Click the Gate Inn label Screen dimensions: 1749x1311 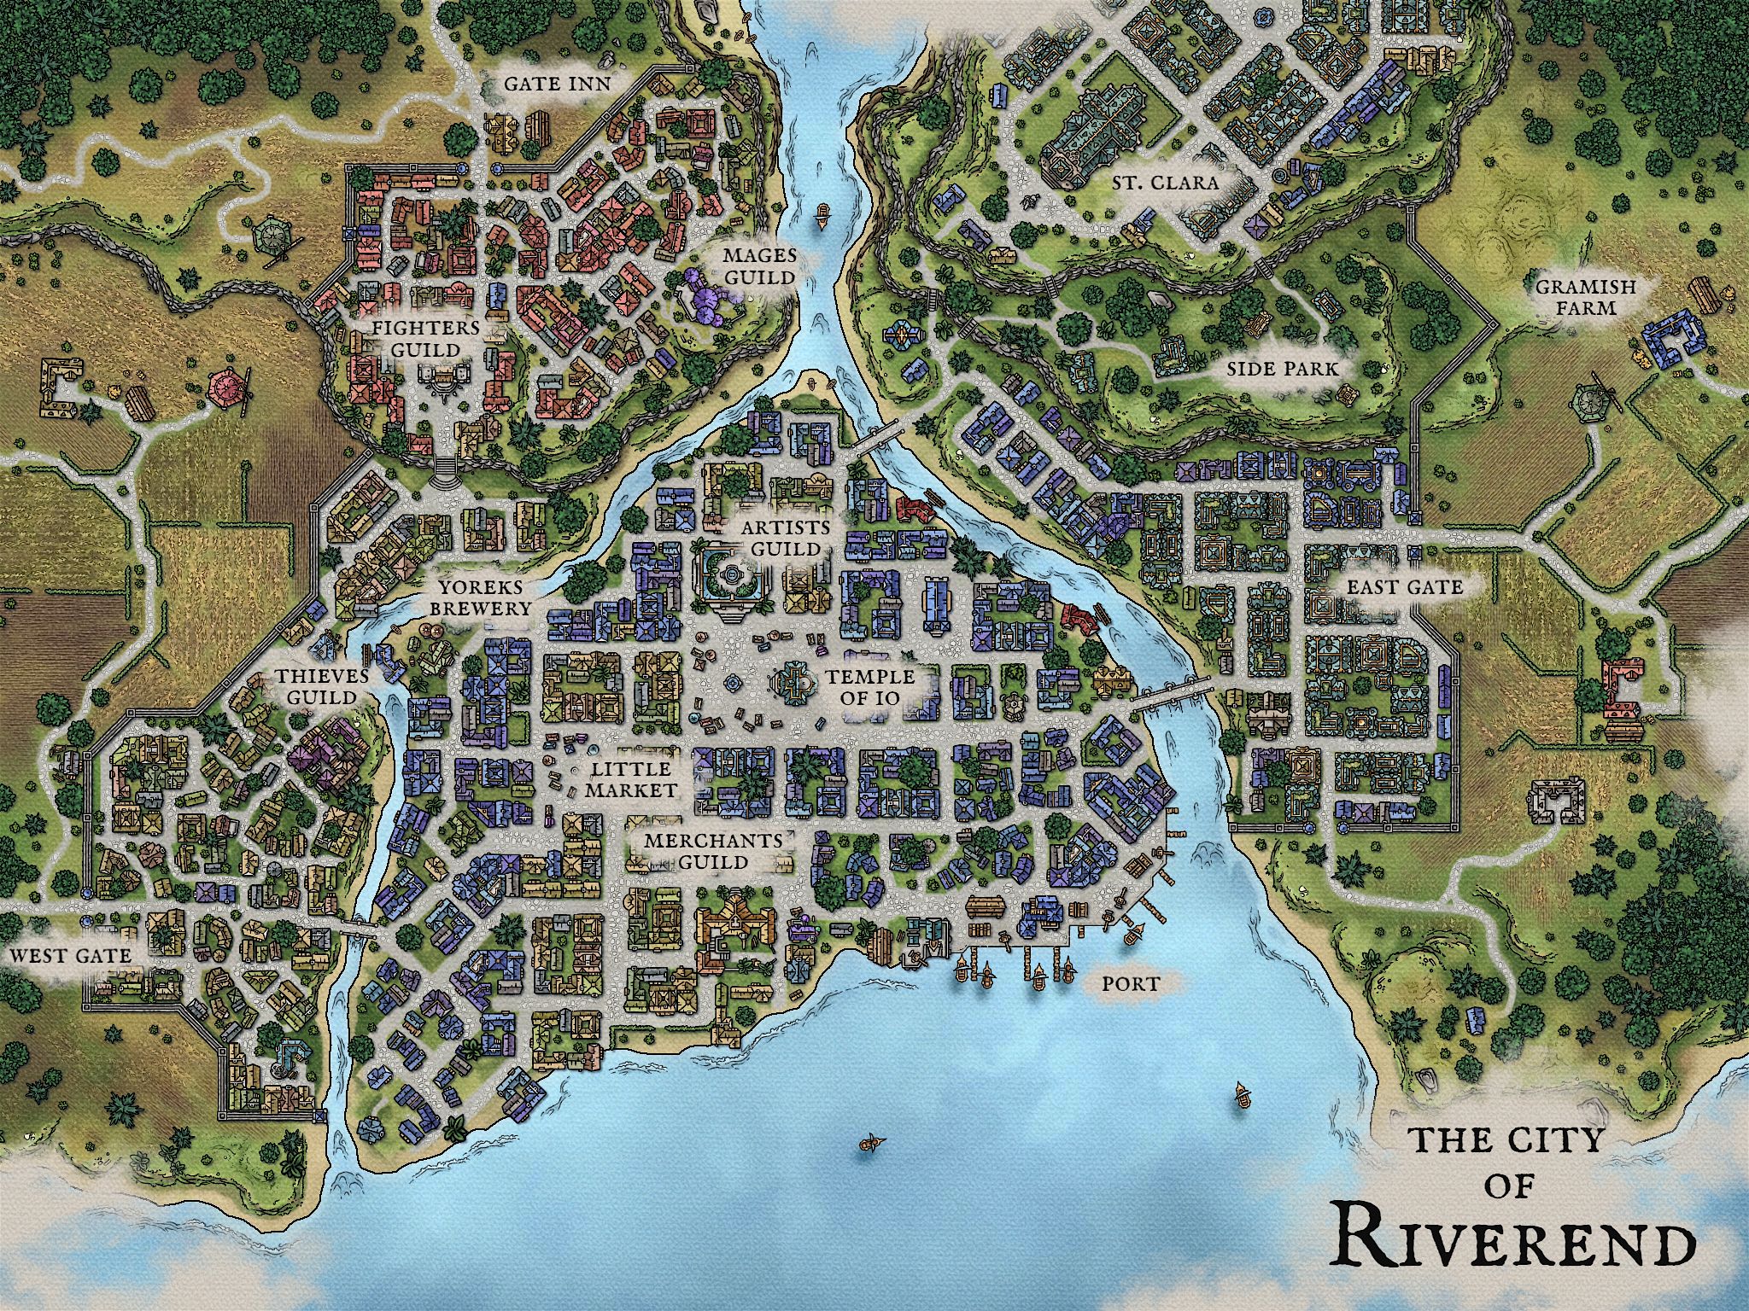(556, 84)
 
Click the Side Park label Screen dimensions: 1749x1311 (1282, 369)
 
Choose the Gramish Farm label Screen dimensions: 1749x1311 (1573, 296)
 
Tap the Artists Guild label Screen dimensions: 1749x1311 (784, 537)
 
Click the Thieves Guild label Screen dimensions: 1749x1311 (321, 686)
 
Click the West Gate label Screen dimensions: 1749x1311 (72, 955)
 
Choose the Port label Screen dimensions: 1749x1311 (1130, 984)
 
